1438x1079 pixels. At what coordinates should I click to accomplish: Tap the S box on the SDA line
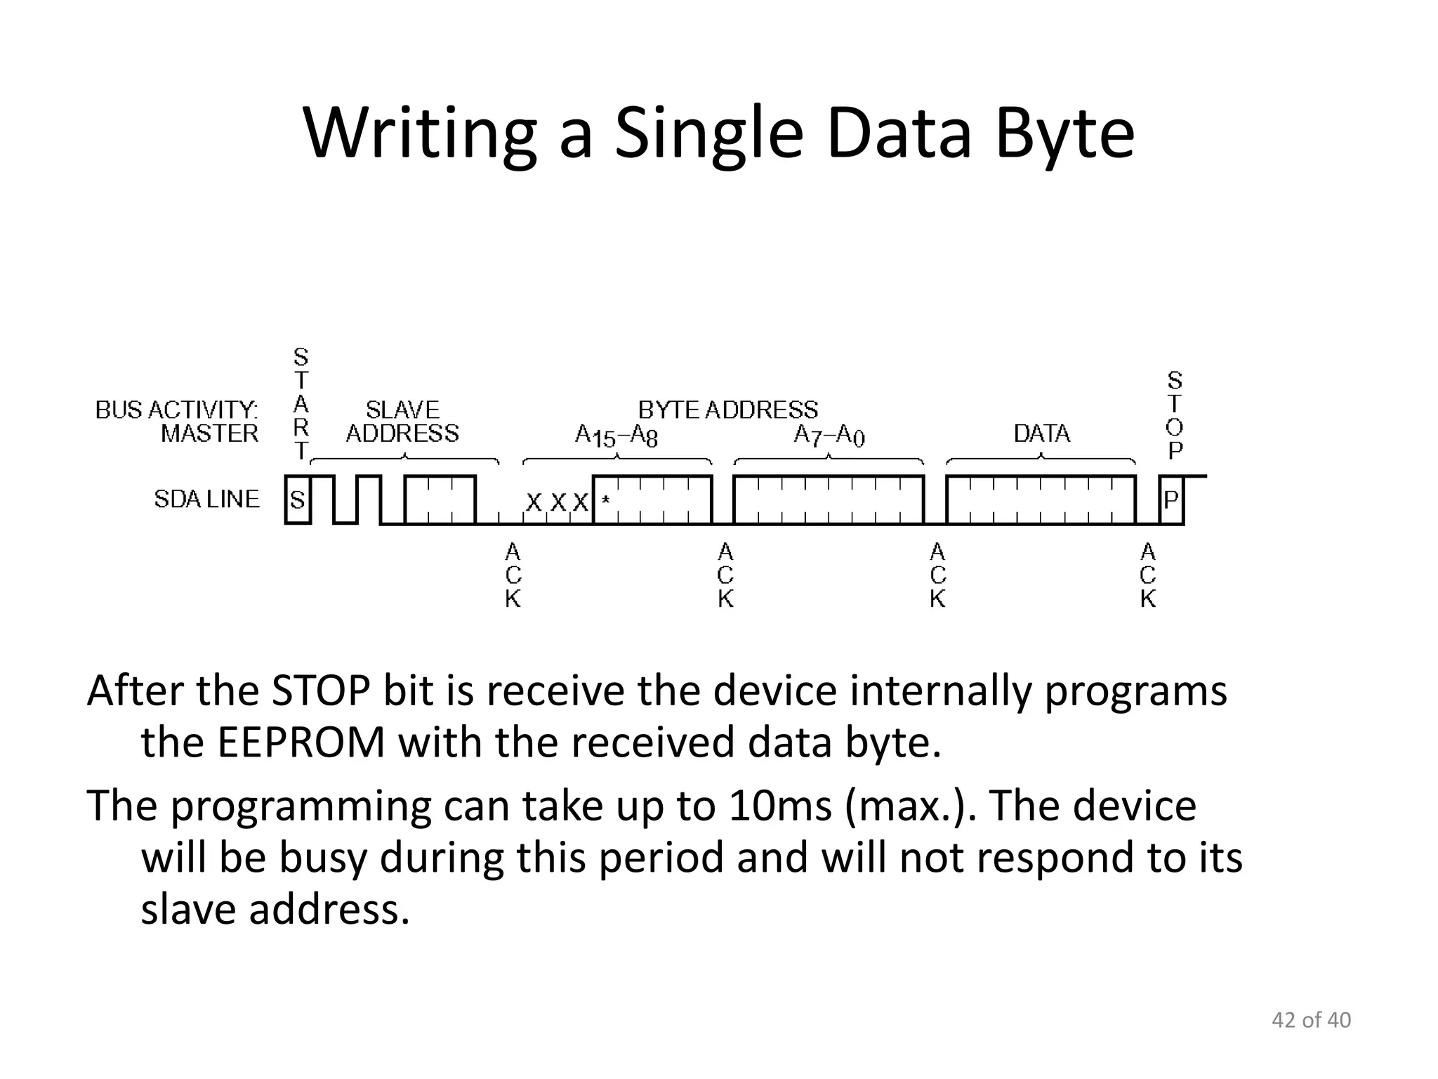(298, 500)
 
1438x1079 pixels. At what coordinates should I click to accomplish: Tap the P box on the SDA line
(1171, 500)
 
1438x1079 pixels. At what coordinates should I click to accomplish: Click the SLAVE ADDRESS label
(402, 421)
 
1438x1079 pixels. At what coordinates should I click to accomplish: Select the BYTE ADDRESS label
(727, 410)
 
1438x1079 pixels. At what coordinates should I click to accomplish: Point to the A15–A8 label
(616, 436)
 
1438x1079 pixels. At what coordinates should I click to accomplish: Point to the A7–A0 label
(829, 436)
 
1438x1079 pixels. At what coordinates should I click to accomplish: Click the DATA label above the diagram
(1041, 433)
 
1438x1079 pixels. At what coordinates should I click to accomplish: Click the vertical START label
(301, 404)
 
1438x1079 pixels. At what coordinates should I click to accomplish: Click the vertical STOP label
(1175, 415)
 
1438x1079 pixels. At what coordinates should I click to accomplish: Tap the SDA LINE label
(206, 499)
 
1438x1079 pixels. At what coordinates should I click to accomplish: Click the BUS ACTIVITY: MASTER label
(177, 421)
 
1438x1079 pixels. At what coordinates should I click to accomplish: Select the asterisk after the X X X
(605, 500)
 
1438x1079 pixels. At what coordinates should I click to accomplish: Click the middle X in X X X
(558, 502)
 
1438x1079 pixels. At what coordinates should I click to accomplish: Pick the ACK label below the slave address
(513, 575)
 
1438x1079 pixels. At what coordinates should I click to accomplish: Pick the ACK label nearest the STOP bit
(1148, 575)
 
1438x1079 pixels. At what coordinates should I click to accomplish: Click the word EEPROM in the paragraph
(301, 743)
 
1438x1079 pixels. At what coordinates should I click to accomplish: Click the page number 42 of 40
(1311, 1020)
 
